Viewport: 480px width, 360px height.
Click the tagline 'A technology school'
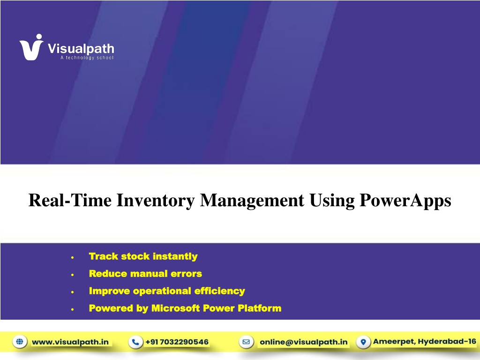click(87, 58)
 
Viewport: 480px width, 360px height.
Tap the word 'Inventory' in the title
click(156, 201)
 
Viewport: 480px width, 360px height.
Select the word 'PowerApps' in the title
click(405, 201)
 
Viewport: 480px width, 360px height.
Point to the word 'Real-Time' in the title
click(70, 200)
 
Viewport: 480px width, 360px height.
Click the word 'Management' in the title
click(252, 201)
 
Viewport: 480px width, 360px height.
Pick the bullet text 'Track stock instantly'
click(143, 256)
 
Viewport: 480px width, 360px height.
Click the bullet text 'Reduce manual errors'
click(145, 273)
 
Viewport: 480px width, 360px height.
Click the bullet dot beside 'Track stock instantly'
click(73, 257)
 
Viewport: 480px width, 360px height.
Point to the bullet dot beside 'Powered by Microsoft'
click(73, 309)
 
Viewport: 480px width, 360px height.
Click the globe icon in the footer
click(20, 341)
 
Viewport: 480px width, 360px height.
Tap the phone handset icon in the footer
click(135, 342)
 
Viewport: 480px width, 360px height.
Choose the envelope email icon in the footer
click(247, 342)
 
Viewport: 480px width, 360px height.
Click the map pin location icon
click(363, 342)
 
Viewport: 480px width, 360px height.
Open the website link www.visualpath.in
click(70, 342)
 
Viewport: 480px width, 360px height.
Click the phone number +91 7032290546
click(177, 342)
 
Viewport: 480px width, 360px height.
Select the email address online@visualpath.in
click(304, 342)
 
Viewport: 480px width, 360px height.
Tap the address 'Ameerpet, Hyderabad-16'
click(425, 341)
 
